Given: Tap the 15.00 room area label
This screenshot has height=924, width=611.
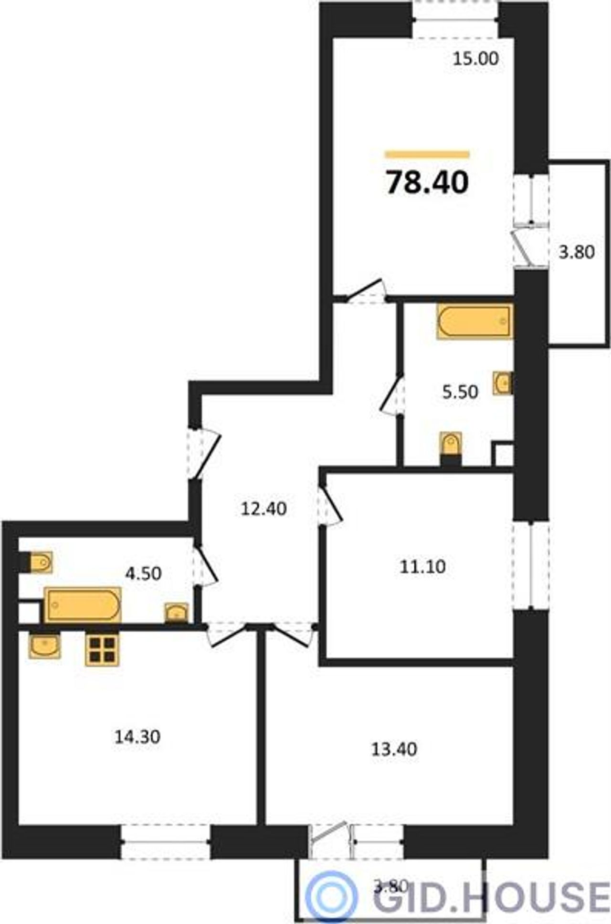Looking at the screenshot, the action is pos(475,59).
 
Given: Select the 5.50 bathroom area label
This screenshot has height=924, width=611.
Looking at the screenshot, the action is pos(460,392).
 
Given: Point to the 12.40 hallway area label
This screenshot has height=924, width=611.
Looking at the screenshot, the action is pos(264,509).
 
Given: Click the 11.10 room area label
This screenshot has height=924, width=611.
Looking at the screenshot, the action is pos(423,567).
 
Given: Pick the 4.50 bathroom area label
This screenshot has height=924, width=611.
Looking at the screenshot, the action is pos(143,573).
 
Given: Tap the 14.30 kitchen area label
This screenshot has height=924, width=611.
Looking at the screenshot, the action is pos(137,737).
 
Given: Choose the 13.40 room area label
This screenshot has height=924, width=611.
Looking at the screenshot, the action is pos(394,749).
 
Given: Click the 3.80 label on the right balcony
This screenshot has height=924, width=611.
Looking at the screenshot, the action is pos(577,252).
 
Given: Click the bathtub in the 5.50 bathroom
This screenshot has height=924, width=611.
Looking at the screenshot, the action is pos(474,322).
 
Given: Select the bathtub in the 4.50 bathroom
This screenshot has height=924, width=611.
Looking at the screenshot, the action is pos(83,605).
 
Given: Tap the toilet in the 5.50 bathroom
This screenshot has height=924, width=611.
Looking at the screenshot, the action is pos(451,448).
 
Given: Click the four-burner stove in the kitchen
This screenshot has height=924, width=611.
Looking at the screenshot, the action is pos(102,649).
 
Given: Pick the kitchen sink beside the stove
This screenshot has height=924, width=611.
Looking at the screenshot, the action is pos(44,646).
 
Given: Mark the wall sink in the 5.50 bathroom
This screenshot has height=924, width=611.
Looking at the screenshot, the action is pos(503,383).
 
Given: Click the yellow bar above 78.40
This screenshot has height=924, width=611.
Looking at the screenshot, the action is pos(427,154).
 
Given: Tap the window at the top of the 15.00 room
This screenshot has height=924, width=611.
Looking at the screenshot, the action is pos(456,20).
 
